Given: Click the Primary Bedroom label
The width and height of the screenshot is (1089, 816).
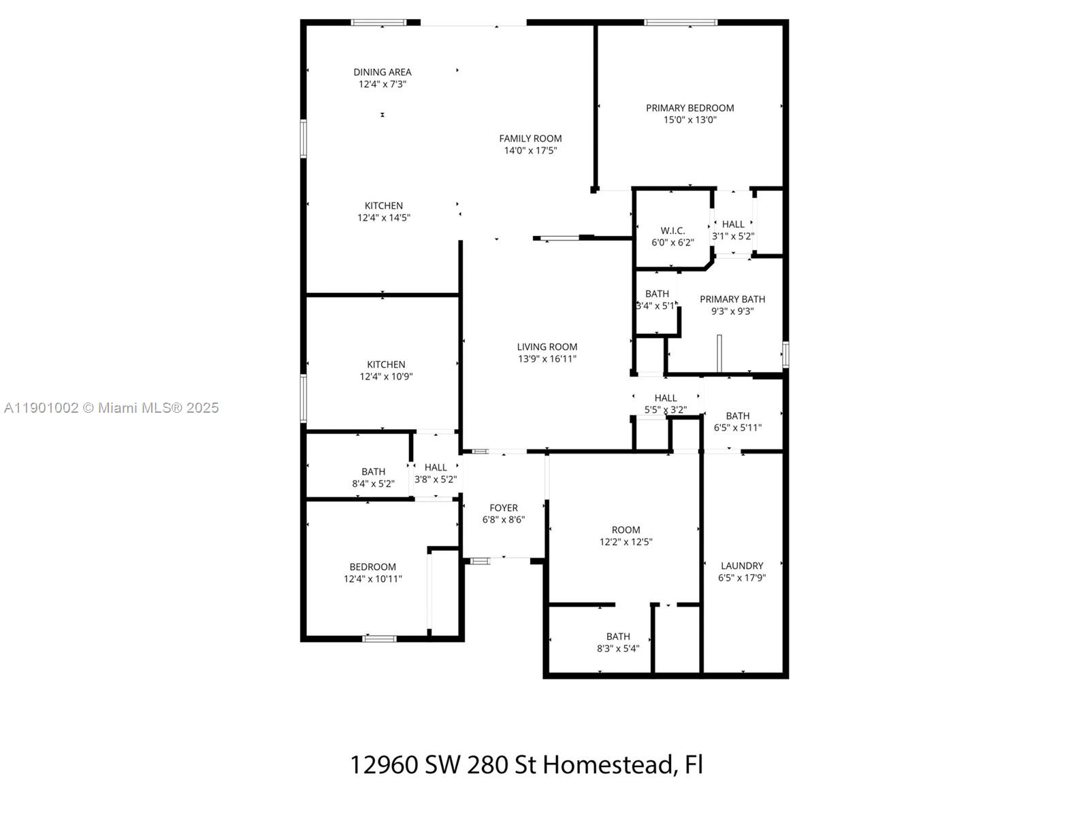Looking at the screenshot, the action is point(689,108).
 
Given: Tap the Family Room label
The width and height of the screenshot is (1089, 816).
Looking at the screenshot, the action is point(530,139).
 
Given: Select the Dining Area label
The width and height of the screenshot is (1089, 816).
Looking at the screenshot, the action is point(382,72).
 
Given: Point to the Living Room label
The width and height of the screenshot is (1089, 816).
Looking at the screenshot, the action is point(547,347).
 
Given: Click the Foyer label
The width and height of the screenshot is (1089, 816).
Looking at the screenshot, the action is point(503,509).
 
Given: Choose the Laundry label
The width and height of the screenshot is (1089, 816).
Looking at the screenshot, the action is point(742,566).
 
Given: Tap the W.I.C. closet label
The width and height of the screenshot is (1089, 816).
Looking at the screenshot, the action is point(672,231).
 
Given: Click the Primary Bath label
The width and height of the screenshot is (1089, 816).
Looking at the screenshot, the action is point(732,299).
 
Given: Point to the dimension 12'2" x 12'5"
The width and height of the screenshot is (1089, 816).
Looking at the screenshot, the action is point(625,542).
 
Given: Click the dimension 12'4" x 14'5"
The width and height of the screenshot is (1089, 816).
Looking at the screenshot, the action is point(383,218).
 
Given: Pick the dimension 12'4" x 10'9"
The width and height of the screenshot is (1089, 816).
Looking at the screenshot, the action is point(386,377).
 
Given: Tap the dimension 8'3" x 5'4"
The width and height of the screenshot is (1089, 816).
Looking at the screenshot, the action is point(618,649).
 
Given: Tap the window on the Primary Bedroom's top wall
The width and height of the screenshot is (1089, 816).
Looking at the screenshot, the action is point(680,22).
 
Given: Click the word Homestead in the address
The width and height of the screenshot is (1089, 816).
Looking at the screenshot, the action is point(608,764).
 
